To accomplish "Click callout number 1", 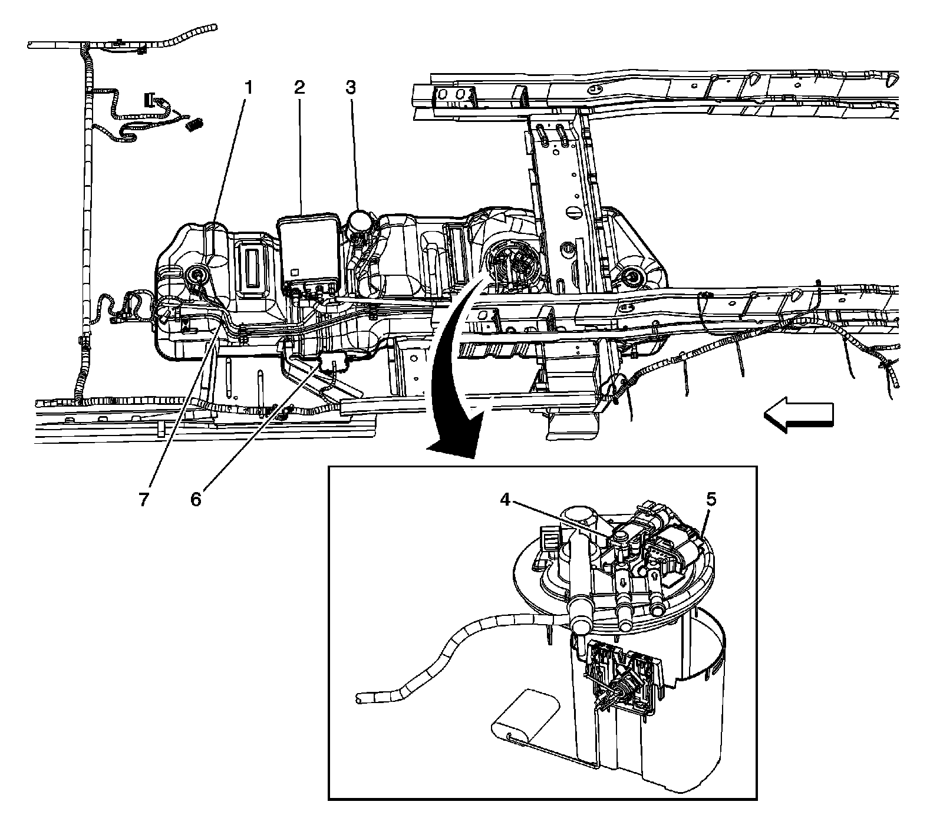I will tap(248, 88).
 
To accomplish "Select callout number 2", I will tap(299, 88).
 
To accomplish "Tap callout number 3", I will tap(351, 88).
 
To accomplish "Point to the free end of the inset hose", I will tap(359, 699).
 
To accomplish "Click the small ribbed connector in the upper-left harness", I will tap(195, 124).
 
